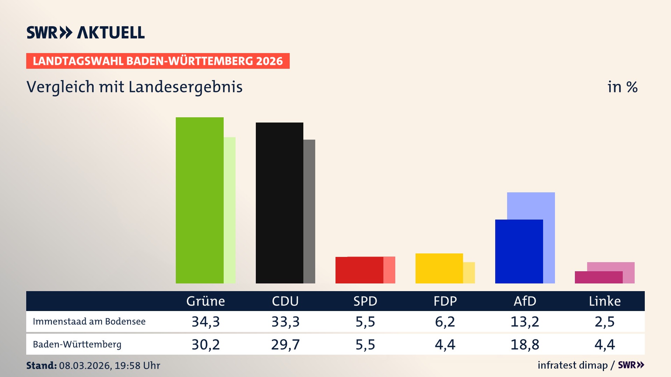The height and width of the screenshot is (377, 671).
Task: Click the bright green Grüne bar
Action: pyautogui.click(x=200, y=200)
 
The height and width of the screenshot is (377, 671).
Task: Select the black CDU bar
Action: pyautogui.click(x=279, y=202)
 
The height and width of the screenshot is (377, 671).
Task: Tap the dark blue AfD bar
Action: pyautogui.click(x=519, y=251)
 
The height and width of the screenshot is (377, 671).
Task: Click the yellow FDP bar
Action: pyautogui.click(x=439, y=268)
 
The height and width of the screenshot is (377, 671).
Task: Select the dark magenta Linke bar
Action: pyautogui.click(x=598, y=277)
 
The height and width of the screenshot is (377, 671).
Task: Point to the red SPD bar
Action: pyautogui.click(x=359, y=270)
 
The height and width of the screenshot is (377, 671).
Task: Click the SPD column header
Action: pyautogui.click(x=365, y=301)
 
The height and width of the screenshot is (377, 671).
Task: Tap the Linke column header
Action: pyautogui.click(x=605, y=301)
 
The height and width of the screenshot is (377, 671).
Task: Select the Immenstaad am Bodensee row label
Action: pyautogui.click(x=89, y=321)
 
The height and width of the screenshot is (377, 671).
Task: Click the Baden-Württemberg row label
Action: pyautogui.click(x=77, y=345)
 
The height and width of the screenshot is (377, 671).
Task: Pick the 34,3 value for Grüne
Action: pyautogui.click(x=205, y=321)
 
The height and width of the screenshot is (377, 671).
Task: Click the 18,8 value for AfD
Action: pyautogui.click(x=525, y=345)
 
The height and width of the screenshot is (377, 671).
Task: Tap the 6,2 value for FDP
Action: pyautogui.click(x=445, y=321)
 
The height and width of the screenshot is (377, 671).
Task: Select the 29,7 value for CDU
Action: pyautogui.click(x=285, y=345)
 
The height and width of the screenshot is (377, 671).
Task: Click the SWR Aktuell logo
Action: pyautogui.click(x=86, y=32)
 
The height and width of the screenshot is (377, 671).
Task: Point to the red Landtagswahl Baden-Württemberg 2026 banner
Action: pyautogui.click(x=158, y=61)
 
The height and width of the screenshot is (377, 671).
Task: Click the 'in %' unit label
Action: pyautogui.click(x=622, y=87)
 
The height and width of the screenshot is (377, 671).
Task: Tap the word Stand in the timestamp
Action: pyautogui.click(x=41, y=365)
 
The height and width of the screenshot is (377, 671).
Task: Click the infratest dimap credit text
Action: pyautogui.click(x=572, y=365)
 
